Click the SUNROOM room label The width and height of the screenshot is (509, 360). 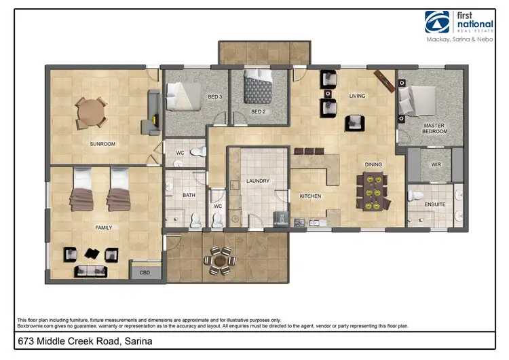point(103,144)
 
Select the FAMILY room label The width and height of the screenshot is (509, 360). point(103,228)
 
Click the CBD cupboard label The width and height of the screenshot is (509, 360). point(145,273)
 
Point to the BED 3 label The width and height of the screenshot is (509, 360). point(214,97)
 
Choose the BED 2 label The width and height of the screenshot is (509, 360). point(258,111)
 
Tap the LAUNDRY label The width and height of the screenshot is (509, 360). point(258,181)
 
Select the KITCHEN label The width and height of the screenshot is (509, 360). point(310,196)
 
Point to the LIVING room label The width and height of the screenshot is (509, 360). point(358,96)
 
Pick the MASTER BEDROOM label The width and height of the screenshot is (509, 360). point(434,128)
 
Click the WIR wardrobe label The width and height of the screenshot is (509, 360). point(436,164)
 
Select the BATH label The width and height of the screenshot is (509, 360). point(189,196)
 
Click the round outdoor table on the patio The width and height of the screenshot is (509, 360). point(221,259)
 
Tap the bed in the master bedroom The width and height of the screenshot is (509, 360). point(421,98)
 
